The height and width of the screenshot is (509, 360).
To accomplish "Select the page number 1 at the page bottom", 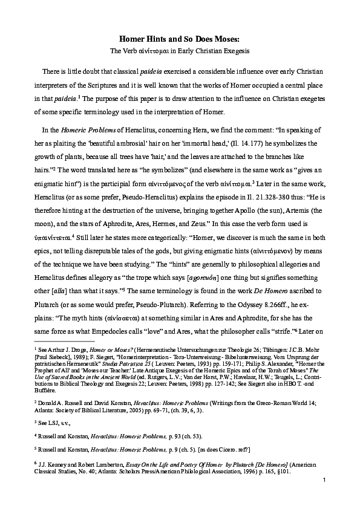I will [x=325, y=497].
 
